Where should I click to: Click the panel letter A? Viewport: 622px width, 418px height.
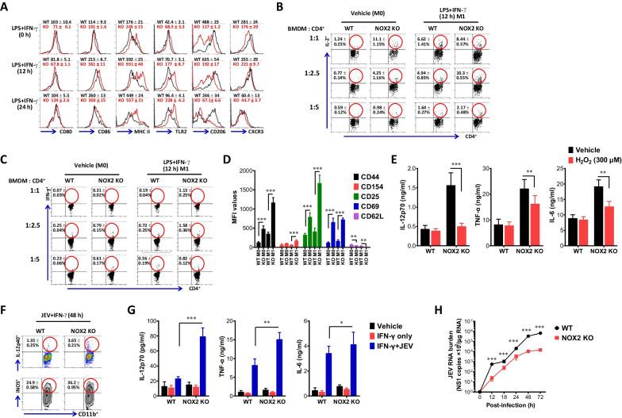pos(6,7)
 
